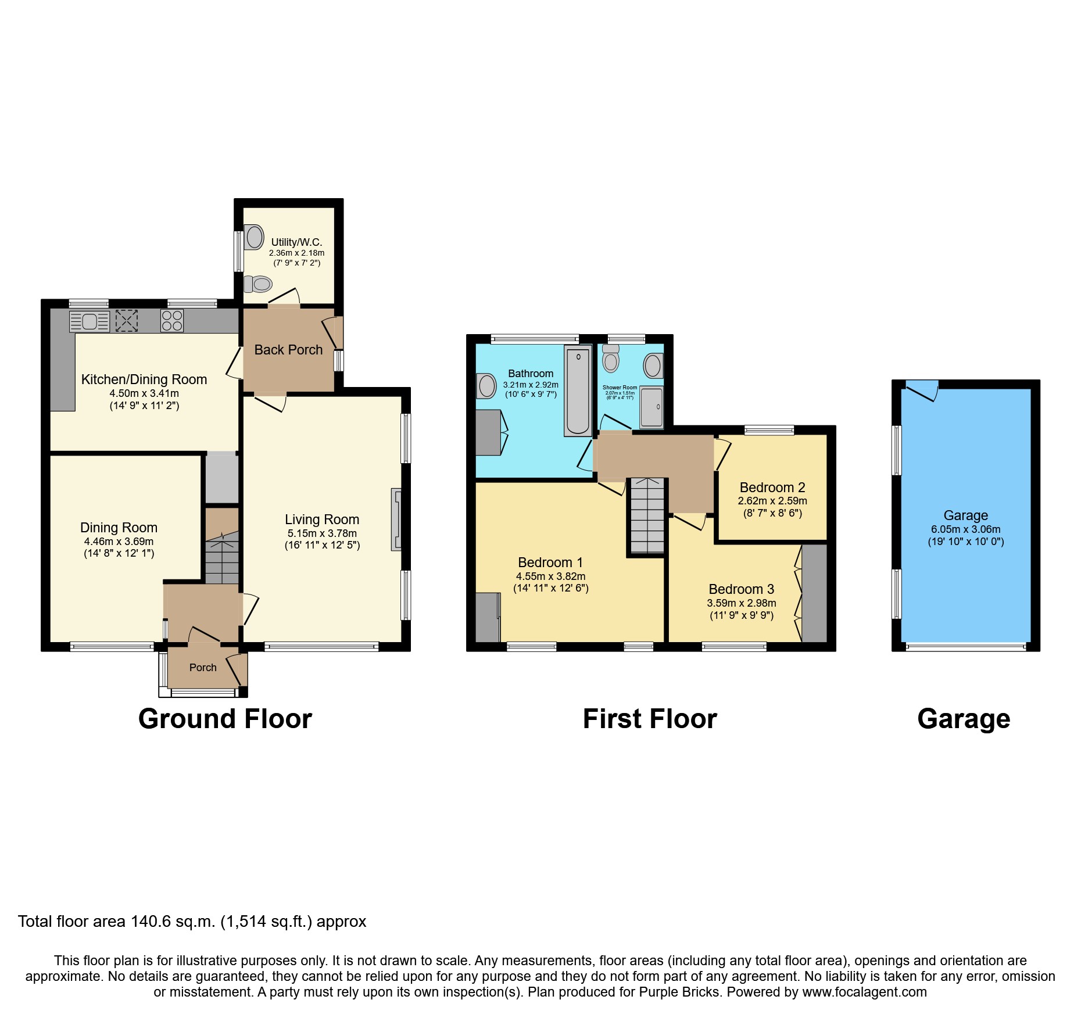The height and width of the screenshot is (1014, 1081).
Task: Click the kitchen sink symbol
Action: click(89, 321)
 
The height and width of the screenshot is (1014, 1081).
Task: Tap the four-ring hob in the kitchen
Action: click(171, 321)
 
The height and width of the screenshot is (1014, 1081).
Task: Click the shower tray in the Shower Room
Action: click(652, 408)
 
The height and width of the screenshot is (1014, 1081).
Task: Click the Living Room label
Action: click(322, 519)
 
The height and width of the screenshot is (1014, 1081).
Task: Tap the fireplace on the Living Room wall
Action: click(397, 519)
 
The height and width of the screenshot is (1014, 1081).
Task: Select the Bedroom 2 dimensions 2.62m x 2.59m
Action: click(772, 501)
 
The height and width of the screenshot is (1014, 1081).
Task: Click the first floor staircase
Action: click(647, 515)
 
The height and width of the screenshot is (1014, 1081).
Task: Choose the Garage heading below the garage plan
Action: click(964, 719)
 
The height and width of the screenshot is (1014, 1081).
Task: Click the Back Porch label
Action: click(288, 350)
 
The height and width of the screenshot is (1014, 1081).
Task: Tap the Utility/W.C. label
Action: click(296, 242)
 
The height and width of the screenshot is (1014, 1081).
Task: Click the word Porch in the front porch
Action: click(203, 668)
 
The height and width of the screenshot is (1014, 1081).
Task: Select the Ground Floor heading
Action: click(225, 719)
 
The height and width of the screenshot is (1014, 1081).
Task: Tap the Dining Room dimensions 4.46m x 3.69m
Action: click(119, 542)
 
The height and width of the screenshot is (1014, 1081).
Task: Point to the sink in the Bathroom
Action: click(486, 385)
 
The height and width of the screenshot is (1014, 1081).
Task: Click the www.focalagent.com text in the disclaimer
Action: click(864, 992)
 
